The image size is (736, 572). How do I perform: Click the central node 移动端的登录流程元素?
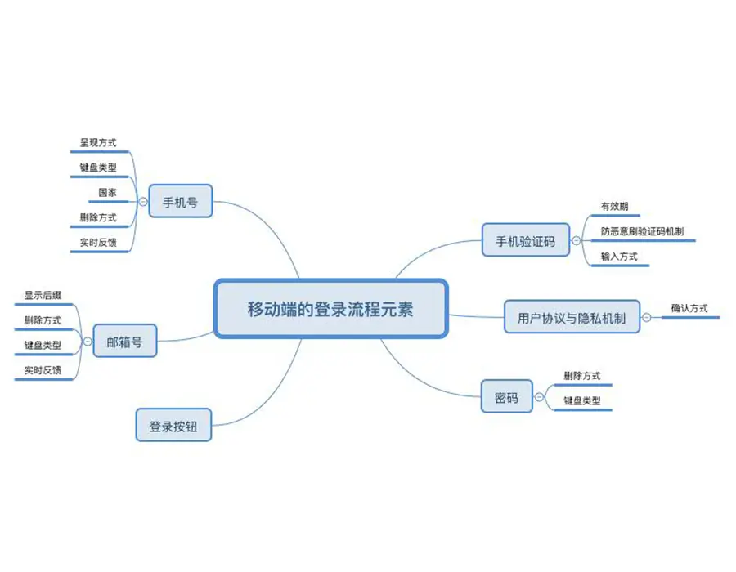point(330,309)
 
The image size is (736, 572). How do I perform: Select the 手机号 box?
point(180,200)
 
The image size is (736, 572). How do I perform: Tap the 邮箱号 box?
point(124,342)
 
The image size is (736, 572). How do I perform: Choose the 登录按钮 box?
point(173,426)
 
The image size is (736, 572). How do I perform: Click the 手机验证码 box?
point(525,240)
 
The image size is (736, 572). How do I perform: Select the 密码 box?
point(506,398)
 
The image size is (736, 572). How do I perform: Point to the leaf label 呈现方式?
point(98,142)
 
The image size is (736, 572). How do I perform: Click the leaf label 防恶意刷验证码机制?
point(643,231)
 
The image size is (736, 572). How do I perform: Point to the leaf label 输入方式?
point(618,257)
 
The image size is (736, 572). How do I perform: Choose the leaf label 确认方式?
point(689,308)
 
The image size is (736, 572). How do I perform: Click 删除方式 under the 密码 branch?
point(581,376)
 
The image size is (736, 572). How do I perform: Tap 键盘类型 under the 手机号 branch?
point(98,168)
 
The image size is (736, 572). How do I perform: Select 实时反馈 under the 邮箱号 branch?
point(43,370)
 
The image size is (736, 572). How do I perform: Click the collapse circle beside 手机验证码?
point(577,240)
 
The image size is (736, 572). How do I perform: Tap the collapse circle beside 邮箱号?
point(87,342)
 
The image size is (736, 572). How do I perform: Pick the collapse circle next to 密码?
point(539,398)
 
